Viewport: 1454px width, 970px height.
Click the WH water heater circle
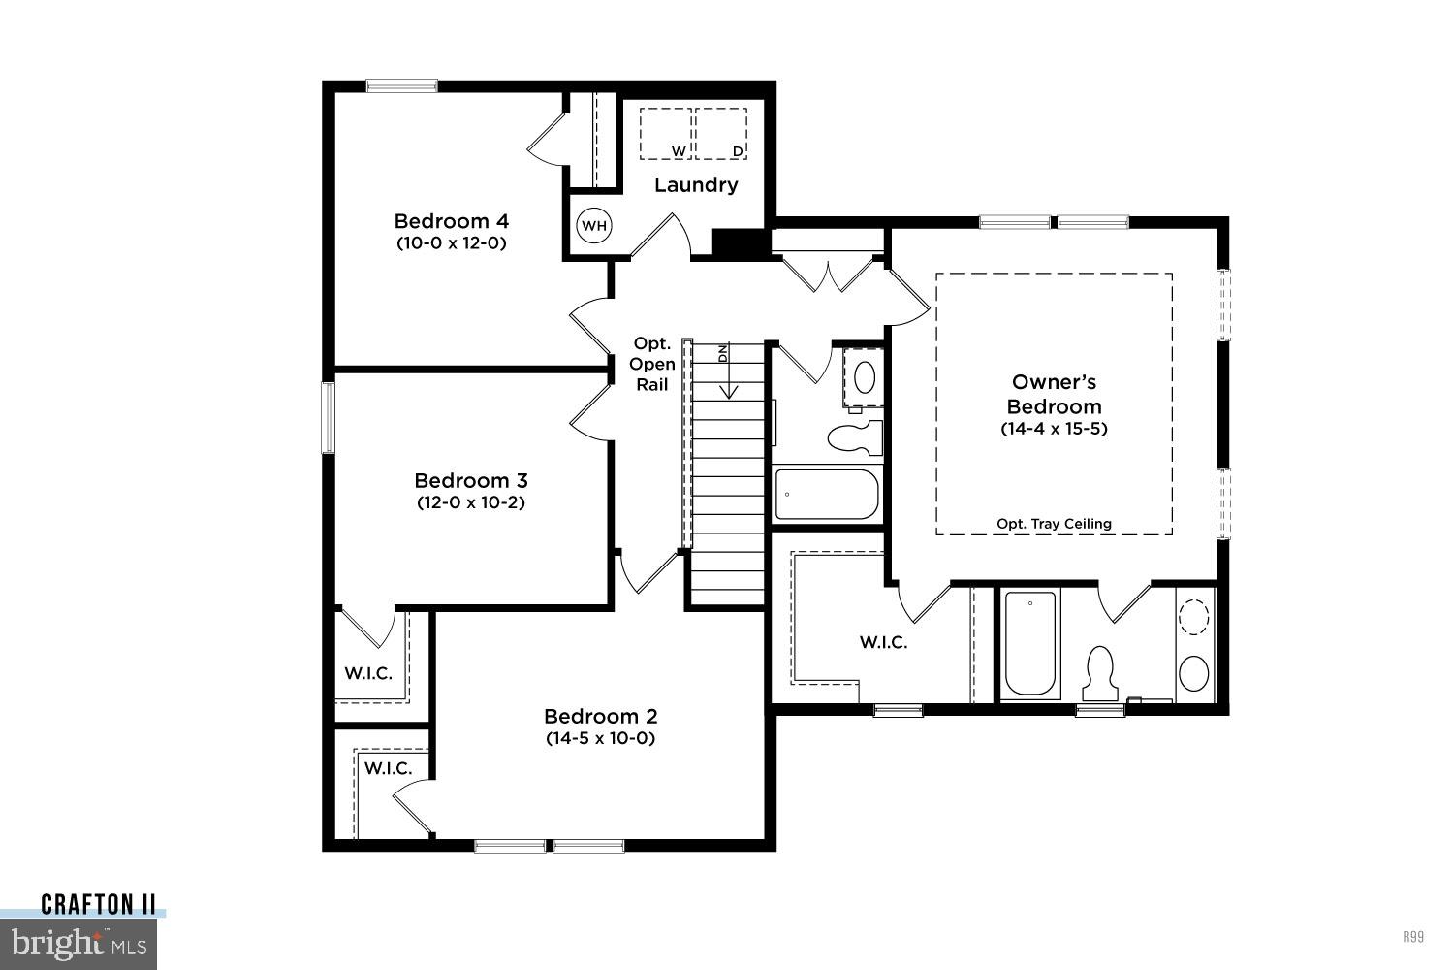click(x=593, y=226)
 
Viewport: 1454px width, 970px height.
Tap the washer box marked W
click(x=665, y=134)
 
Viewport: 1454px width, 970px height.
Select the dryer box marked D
click(x=722, y=134)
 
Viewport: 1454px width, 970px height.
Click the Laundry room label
click(x=696, y=184)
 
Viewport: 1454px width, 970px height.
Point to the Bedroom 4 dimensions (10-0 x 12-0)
click(x=451, y=243)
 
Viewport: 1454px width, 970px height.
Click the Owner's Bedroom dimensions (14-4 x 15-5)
click(x=1054, y=428)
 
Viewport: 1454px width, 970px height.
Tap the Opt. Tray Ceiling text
click(x=1054, y=524)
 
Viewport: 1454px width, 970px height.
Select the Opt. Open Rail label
click(x=651, y=364)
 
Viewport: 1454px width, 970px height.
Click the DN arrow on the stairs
click(x=728, y=373)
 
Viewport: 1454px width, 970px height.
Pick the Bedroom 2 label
click(x=600, y=716)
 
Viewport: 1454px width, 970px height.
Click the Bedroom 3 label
click(x=470, y=480)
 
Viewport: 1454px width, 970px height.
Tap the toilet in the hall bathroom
click(x=856, y=436)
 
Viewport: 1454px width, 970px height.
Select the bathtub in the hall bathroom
click(x=826, y=495)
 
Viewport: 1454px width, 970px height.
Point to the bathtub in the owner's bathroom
click(x=1029, y=643)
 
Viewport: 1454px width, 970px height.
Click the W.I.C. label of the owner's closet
click(x=883, y=642)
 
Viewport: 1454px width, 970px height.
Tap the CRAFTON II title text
click(x=98, y=905)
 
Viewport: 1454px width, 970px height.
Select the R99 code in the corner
click(x=1412, y=937)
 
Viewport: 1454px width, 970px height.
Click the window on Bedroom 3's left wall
click(x=328, y=418)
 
